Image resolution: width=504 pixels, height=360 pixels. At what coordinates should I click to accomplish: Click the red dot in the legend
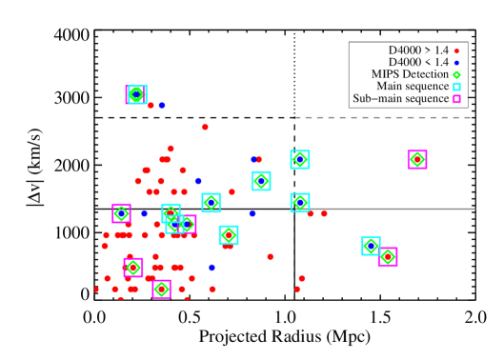456,51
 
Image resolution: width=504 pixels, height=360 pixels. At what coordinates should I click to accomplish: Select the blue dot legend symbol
456,63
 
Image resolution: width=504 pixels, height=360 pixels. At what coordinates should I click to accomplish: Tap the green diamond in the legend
456,75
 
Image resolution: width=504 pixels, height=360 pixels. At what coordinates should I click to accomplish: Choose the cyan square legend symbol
456,88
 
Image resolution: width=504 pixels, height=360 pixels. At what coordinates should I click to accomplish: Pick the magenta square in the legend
456,99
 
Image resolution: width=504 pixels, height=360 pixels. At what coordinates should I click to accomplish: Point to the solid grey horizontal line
391,209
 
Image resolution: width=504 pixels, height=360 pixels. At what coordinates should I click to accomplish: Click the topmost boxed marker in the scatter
136,94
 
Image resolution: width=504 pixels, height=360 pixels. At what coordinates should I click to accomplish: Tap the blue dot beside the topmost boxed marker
162,105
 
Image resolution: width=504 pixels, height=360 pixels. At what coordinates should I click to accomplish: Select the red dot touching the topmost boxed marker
151,105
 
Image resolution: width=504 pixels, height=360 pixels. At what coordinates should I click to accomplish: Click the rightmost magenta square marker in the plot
417,159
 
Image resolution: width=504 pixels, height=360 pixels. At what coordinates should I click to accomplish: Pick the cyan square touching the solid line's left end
300,202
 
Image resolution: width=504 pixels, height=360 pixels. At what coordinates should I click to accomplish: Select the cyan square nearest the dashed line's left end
300,159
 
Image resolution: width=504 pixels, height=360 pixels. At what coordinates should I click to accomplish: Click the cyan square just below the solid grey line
371,246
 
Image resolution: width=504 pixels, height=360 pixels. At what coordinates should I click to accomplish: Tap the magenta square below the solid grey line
388,256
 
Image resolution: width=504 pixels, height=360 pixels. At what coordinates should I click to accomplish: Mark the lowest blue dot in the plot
212,268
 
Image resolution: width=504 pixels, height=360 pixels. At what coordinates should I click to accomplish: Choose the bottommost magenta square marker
161,289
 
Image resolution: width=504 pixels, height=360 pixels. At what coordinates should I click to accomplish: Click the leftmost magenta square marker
121,213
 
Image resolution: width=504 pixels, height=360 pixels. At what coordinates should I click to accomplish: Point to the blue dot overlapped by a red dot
254,159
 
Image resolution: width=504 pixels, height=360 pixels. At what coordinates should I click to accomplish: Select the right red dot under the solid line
324,214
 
